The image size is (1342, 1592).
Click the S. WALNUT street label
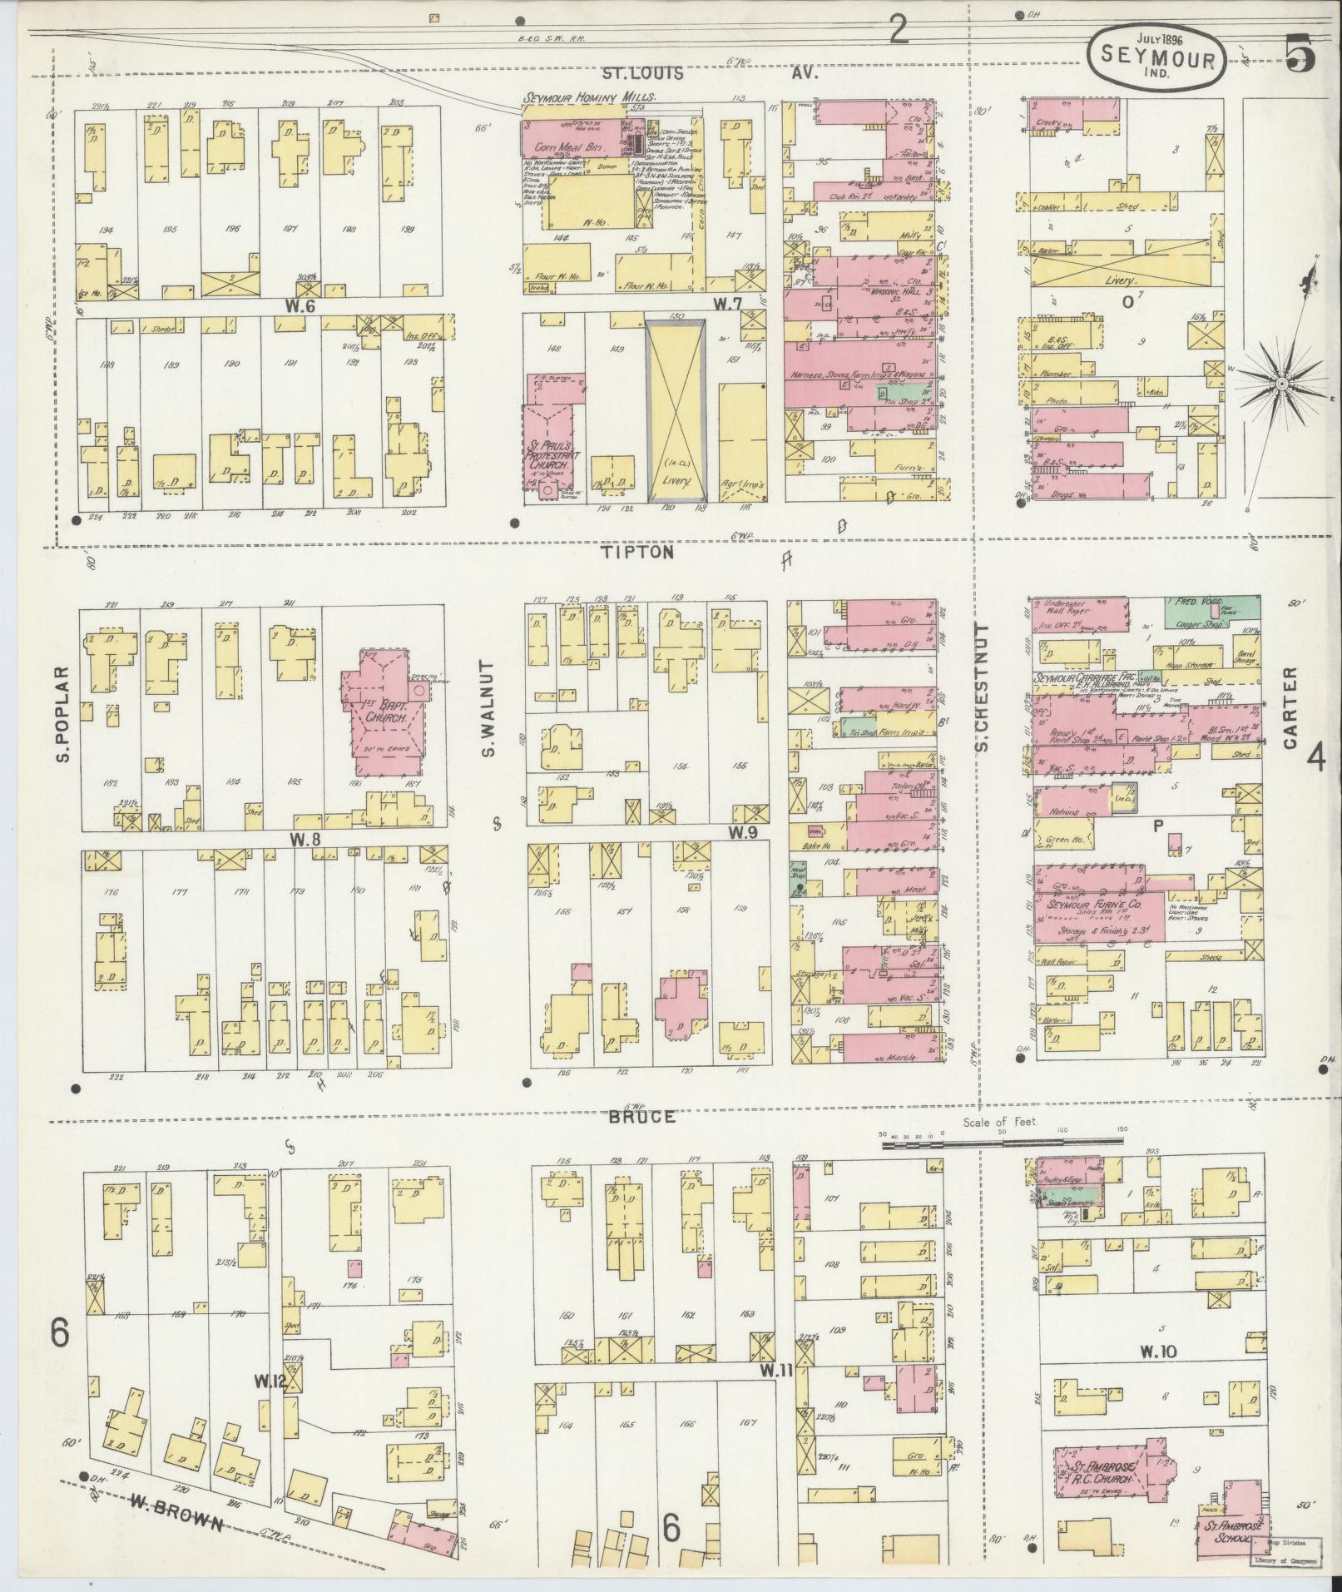point(489,709)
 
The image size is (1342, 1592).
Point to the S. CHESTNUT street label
point(982,687)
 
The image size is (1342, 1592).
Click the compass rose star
point(1283,383)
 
